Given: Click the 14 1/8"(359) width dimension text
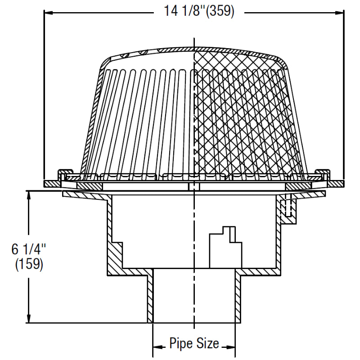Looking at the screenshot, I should click(199, 12).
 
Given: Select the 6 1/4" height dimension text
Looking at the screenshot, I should click(29, 249).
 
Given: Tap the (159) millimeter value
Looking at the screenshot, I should click(29, 265).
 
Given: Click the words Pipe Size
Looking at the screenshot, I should click(194, 344).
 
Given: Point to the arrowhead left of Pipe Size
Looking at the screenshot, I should click(157, 346).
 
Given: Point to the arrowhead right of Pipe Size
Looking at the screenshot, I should click(231, 346).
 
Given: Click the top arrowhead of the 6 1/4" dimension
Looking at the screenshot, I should click(29, 194).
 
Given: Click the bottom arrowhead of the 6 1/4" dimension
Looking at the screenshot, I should click(29, 319).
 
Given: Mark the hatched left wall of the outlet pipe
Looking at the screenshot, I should click(150, 297).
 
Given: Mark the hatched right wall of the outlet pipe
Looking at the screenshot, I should click(238, 297).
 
